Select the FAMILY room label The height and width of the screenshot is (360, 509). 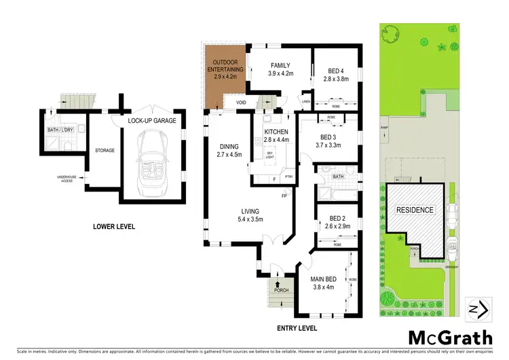pos(280,69)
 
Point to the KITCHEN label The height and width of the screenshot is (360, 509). pos(276,135)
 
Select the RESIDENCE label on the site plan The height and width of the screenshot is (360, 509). pos(415,210)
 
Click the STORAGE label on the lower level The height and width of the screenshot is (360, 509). pos(105,150)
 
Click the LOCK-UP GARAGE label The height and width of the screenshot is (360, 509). pos(152,120)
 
